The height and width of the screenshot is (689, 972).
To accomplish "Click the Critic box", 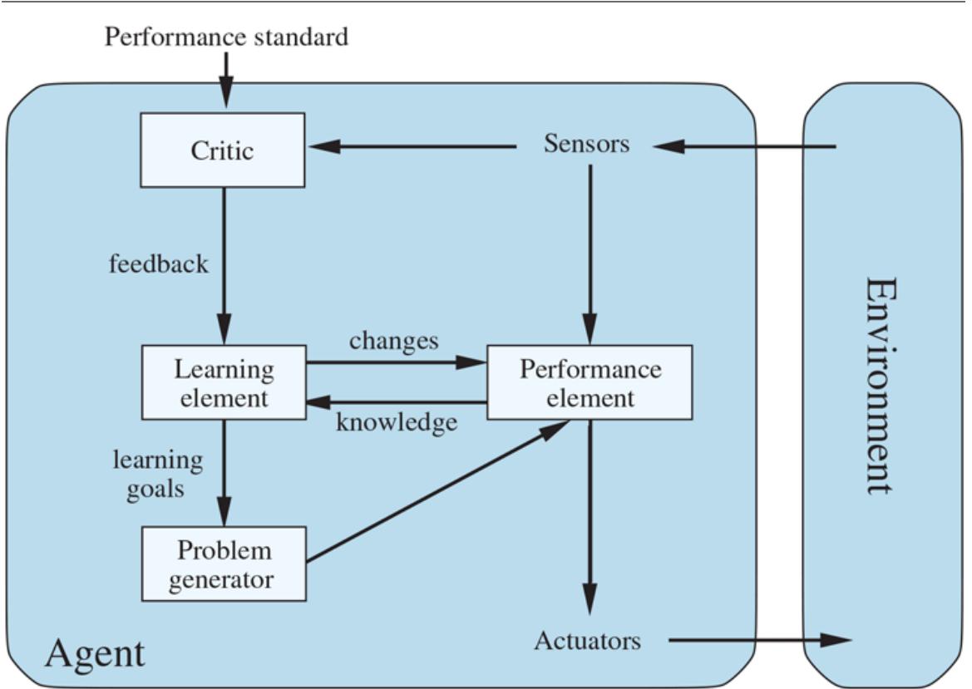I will click(x=222, y=150).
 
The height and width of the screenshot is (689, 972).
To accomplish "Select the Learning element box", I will click(x=223, y=382).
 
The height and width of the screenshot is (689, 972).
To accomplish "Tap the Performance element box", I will click(x=590, y=382).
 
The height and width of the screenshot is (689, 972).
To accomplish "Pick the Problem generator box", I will click(x=223, y=564).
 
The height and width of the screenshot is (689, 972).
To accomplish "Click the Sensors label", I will click(x=586, y=144).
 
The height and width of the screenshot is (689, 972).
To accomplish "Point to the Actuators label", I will click(x=587, y=641).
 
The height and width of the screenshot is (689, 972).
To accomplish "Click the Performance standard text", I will click(x=226, y=37).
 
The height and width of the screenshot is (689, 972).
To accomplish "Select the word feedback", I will click(x=159, y=264).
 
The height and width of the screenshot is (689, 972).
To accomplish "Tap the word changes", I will click(x=393, y=340).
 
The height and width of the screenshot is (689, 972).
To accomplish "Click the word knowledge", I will click(x=396, y=422).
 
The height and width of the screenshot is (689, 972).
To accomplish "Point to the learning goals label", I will click(x=157, y=474).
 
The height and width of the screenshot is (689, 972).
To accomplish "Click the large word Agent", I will click(x=94, y=654).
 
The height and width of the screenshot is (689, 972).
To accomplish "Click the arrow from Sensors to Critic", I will click(x=412, y=147).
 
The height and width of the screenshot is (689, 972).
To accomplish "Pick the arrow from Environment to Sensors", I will click(x=744, y=147).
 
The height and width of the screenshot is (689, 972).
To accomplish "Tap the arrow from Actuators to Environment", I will click(x=757, y=640).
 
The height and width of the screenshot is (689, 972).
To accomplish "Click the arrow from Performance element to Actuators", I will click(x=590, y=515).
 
